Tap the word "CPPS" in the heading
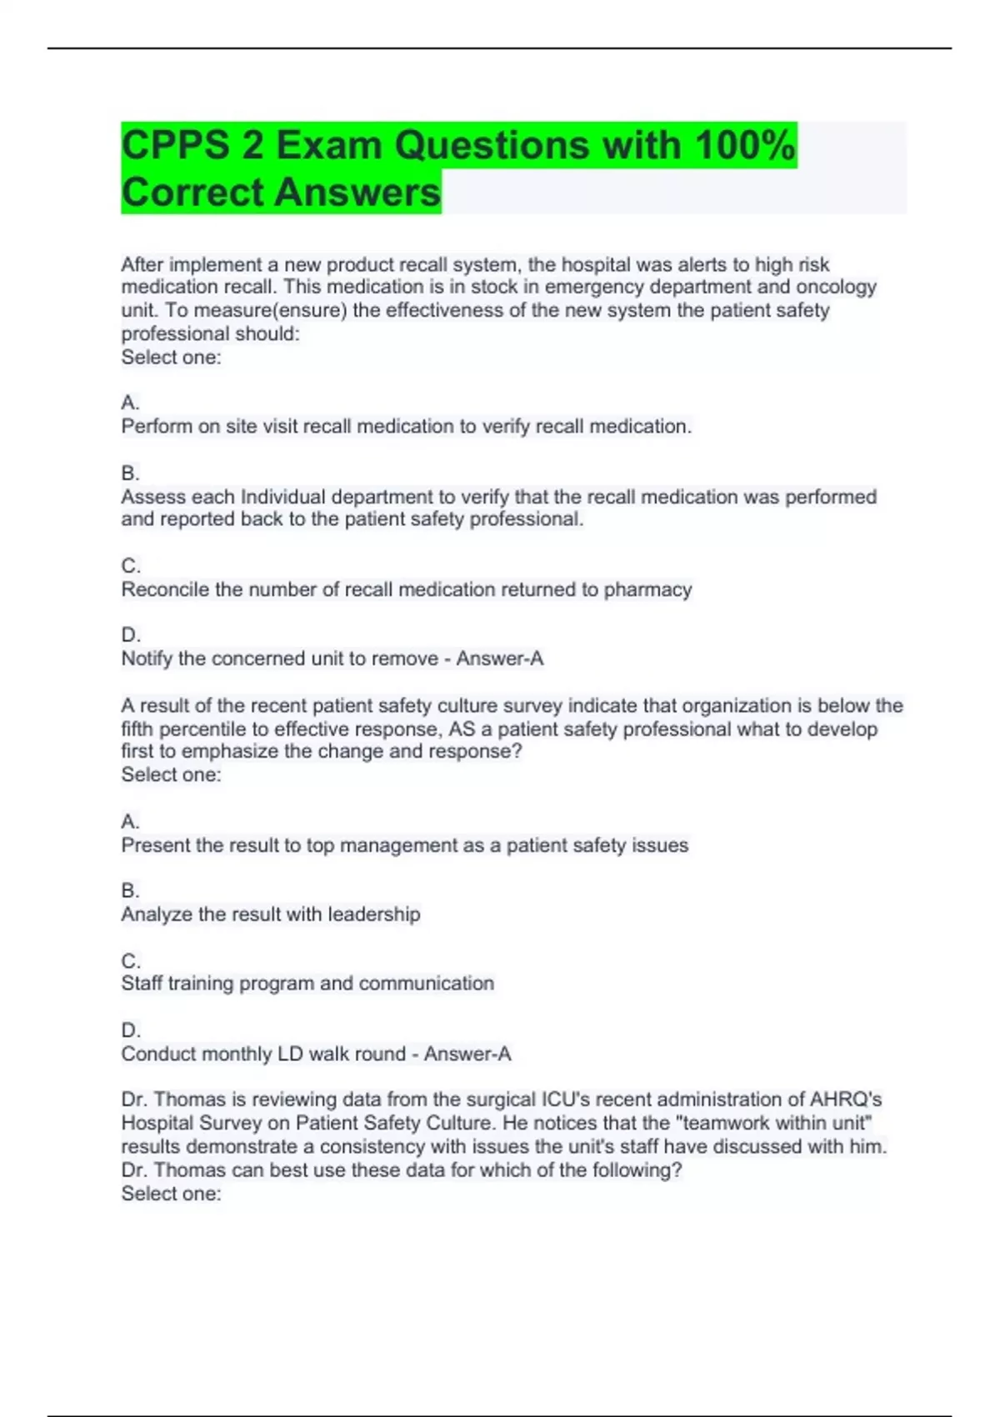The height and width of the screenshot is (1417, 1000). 175,145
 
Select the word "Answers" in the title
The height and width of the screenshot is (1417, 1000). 357,192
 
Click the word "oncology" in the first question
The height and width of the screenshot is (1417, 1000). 836,287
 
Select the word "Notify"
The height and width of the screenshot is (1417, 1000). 147,658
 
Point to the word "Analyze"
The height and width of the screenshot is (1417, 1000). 158,914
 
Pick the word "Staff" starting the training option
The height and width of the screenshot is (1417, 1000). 142,984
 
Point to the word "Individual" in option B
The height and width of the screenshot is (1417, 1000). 282,497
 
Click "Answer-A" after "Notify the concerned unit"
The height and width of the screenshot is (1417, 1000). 499,658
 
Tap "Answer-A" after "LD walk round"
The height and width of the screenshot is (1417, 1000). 467,1054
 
